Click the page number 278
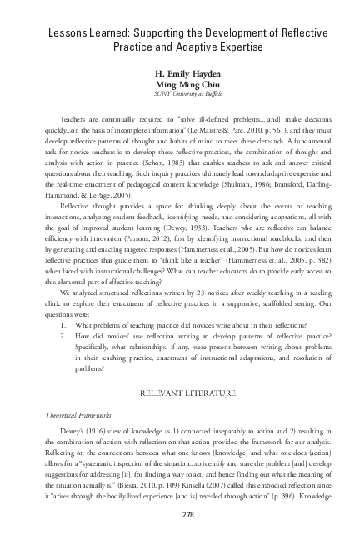click(180, 514)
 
